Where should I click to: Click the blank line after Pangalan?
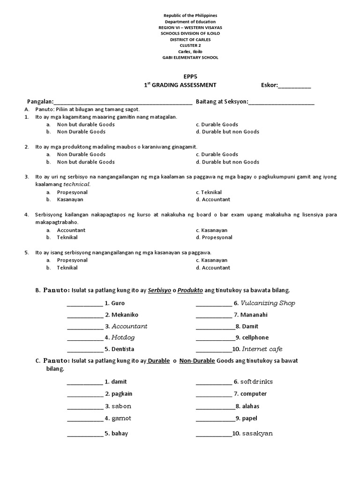pos(123,102)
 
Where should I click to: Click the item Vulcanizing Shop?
pos(268,303)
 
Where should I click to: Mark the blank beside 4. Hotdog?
pos(85,338)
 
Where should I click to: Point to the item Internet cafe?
pos(262,349)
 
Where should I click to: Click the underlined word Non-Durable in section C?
pos(197,361)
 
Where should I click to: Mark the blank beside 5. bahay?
pos(85,434)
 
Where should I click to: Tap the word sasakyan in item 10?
pos(257,434)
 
